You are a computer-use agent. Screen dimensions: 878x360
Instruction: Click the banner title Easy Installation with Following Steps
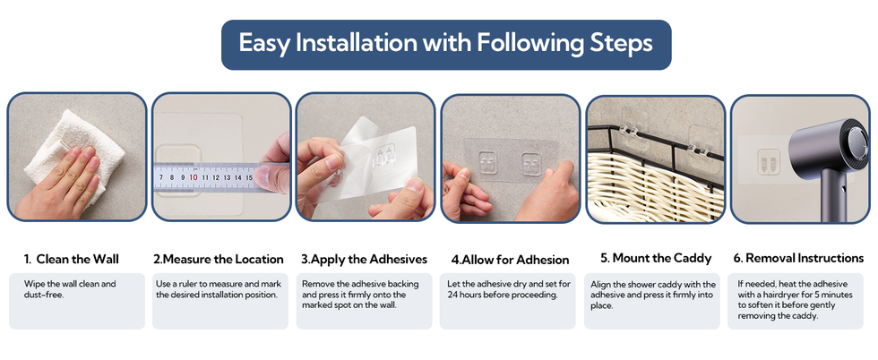(446, 44)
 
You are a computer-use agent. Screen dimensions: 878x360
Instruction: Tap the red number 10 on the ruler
(194, 177)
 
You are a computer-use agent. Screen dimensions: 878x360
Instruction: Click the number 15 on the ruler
(249, 178)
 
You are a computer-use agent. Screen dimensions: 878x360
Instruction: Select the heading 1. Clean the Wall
(71, 259)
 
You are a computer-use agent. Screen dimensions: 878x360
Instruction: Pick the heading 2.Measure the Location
(219, 259)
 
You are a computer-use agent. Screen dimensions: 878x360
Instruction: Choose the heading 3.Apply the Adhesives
(364, 259)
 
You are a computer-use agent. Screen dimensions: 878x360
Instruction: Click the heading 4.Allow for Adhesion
(510, 260)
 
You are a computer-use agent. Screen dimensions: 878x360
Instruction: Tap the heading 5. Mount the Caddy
(656, 258)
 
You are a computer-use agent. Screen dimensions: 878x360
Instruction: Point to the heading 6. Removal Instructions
(798, 258)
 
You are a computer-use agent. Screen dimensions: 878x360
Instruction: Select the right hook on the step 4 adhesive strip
(531, 164)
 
